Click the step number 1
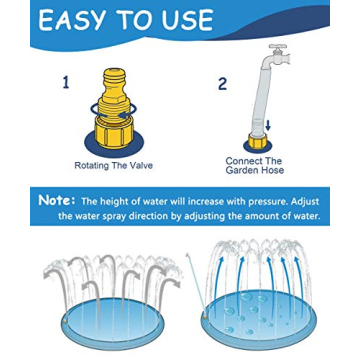pos(66,83)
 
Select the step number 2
pos(222,84)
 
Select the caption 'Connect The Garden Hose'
pos(255,165)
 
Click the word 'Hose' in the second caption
pos(270,170)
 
